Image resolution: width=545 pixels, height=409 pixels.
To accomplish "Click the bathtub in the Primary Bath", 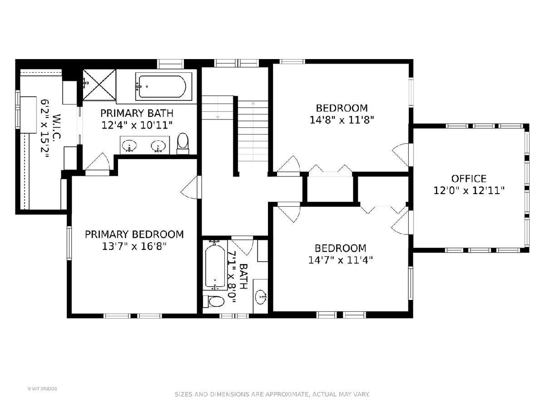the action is (x=163, y=86).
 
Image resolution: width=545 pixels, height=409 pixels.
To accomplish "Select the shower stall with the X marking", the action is (x=99, y=85).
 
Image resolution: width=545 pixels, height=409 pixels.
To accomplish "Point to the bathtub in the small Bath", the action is (x=215, y=265).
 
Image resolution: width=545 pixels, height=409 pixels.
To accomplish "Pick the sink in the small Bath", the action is (x=262, y=296).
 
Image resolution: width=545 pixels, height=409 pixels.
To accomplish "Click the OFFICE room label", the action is (x=469, y=179).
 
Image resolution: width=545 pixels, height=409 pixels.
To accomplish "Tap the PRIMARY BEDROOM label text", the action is (x=134, y=234).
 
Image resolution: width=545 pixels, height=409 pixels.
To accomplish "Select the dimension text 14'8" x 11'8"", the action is (x=342, y=120).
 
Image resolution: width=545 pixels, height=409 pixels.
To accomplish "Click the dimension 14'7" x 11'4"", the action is (x=341, y=260).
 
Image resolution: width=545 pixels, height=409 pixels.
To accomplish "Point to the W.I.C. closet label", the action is (x=57, y=126).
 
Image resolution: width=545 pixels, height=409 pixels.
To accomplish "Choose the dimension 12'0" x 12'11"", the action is (x=469, y=191).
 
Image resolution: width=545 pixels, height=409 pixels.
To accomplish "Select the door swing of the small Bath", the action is (x=242, y=246).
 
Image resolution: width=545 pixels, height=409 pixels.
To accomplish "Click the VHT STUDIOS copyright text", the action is (x=42, y=389).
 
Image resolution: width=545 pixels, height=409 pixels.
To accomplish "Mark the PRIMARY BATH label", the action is (x=137, y=113).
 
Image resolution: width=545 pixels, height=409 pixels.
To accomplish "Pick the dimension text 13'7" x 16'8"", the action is (x=134, y=246).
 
